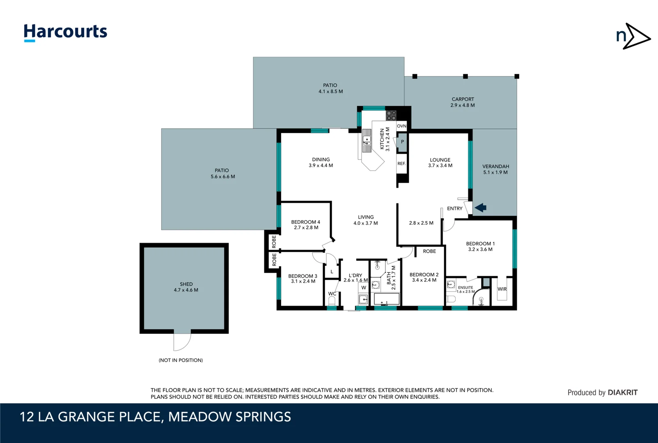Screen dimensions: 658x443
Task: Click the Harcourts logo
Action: pos(66,32)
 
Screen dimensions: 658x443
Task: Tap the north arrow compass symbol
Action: pos(633,37)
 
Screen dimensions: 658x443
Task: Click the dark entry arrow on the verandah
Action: pos(481,208)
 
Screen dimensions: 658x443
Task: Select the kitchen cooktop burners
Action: pos(391,115)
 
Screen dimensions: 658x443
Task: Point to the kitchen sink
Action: pos(367,141)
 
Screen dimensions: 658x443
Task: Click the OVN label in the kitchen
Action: pos(401,126)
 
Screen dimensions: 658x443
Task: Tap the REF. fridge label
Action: pos(401,164)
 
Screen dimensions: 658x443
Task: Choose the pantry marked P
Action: pos(402,142)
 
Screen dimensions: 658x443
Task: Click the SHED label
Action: pos(186,284)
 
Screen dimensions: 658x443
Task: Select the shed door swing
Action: pos(182,342)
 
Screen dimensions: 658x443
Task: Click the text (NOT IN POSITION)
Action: pos(181,360)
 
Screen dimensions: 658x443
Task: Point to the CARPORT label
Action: pos(463,99)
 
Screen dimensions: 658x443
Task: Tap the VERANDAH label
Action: pos(495,167)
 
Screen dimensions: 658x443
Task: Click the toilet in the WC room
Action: pos(332,301)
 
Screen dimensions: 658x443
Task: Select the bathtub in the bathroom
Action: pos(386,299)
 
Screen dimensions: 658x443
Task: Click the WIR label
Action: pos(502,289)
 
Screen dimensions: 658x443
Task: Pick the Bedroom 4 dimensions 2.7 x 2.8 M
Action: pos(306,228)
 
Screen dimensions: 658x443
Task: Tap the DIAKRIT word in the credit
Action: pos(622,393)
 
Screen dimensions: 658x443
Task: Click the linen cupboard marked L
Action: pos(332,271)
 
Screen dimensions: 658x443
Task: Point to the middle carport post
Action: pos(465,76)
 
